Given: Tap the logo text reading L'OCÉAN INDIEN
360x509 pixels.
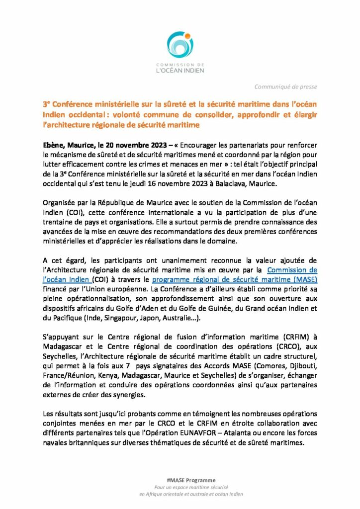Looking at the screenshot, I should (x=180, y=71).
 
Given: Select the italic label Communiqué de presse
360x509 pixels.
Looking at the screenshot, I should (x=285, y=87).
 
